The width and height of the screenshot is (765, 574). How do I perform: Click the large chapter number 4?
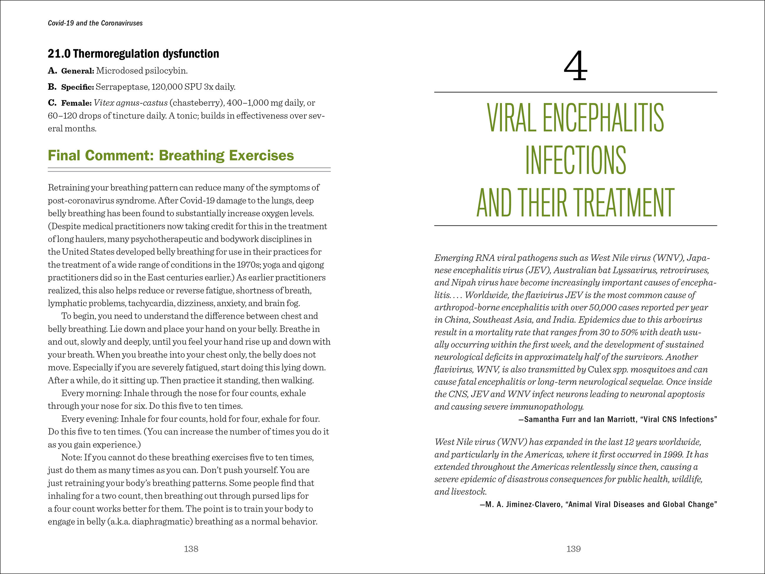pyautogui.click(x=575, y=66)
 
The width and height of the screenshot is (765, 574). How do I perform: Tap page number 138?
pyautogui.click(x=191, y=549)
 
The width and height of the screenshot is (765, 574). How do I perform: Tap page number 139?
pyautogui.click(x=573, y=549)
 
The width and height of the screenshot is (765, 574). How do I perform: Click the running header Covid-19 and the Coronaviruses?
pyautogui.click(x=95, y=23)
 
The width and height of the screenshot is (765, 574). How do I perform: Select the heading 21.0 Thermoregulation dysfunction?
pyautogui.click(x=133, y=54)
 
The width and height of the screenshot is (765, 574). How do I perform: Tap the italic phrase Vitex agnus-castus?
pyautogui.click(x=130, y=103)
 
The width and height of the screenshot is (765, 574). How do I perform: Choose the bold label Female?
pyautogui.click(x=76, y=103)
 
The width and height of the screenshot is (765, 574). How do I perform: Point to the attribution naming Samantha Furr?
pyautogui.click(x=617, y=419)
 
